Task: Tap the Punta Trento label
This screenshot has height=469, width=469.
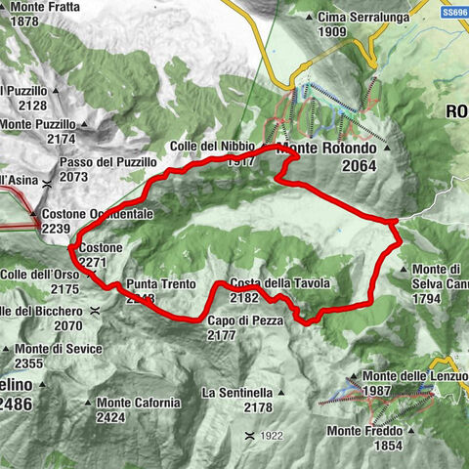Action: tap(154, 284)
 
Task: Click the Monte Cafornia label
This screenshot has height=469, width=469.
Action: tap(139, 403)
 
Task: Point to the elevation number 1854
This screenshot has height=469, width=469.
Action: tap(387, 446)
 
